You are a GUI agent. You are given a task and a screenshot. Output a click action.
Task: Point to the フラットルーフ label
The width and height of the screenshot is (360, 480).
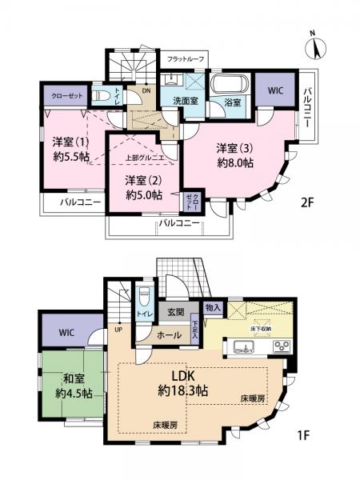(185, 58)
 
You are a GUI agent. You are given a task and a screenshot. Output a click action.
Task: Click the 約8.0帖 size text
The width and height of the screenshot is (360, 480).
(234, 163)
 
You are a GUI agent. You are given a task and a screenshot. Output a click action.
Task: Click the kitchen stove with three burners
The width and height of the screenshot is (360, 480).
(282, 346)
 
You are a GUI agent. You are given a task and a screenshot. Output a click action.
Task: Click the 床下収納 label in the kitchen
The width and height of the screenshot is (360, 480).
(257, 329)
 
